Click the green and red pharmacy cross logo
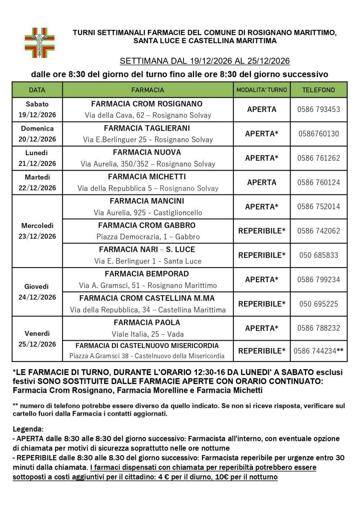40,43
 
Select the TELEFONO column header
319,90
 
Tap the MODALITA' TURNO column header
262,90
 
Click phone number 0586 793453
319,109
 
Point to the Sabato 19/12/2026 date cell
37,109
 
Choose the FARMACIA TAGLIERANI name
147,128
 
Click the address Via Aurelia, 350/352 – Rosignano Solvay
148,164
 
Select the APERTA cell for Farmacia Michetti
262,183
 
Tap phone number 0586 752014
319,207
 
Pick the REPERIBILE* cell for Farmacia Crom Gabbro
262,231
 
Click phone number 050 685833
319,255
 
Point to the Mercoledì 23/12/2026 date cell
37,231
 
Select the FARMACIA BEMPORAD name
147,274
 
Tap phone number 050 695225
319,304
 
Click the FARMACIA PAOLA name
147,323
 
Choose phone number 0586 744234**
319,351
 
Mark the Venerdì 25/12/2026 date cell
37,339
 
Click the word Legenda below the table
28,429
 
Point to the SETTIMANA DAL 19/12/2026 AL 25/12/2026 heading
204,61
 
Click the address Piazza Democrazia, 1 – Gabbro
148,237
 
